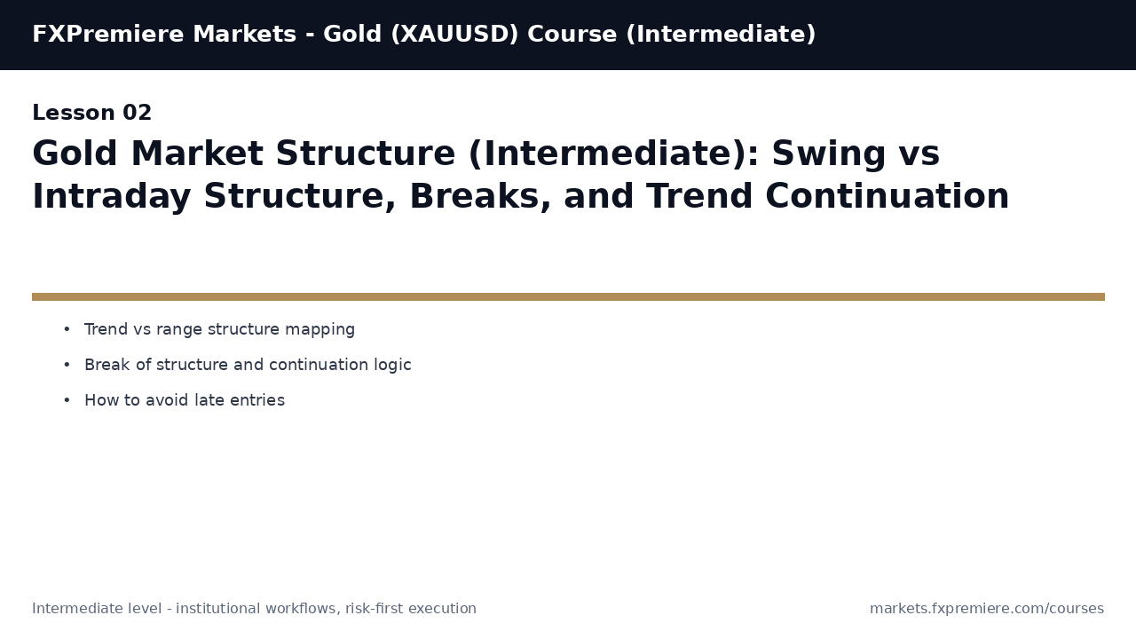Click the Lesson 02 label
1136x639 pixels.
(92, 114)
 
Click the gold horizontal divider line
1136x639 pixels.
(568, 296)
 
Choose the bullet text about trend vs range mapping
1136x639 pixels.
(219, 329)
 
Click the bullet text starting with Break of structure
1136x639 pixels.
(248, 365)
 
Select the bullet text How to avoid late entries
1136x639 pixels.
(185, 400)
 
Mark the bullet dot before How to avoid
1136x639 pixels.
(67, 400)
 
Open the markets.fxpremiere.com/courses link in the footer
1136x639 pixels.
(986, 609)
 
